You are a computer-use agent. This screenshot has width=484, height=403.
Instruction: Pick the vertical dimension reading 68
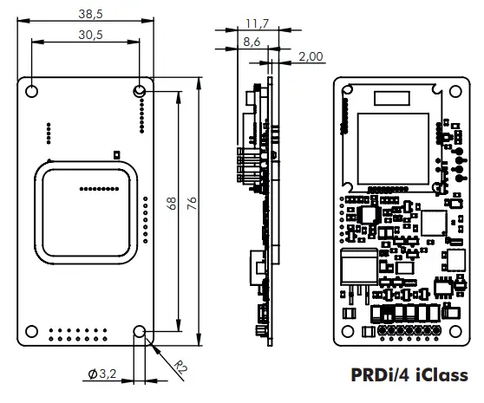click(x=172, y=204)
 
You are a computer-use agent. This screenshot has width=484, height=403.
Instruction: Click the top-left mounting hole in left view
click(x=30, y=91)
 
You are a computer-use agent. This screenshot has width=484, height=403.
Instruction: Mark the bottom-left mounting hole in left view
click(x=30, y=330)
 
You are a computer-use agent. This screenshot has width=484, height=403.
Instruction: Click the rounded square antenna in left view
click(x=85, y=212)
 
